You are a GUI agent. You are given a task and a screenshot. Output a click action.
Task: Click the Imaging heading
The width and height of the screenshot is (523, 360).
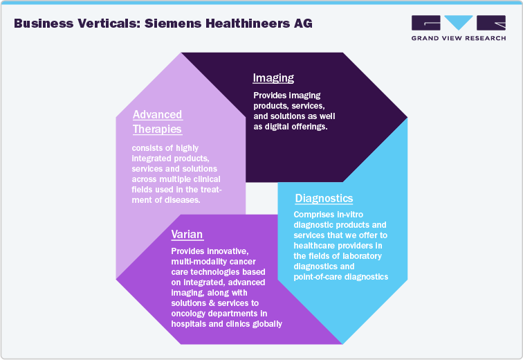tap(273, 78)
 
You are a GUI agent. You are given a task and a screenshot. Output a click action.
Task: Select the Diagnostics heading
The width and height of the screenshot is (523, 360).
tap(324, 199)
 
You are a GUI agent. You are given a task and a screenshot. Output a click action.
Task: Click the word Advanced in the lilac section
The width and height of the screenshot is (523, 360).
tap(157, 115)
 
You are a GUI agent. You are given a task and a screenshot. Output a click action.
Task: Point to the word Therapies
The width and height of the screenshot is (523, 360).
tap(157, 129)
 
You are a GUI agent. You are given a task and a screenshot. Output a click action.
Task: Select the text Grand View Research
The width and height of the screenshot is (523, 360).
tap(457, 39)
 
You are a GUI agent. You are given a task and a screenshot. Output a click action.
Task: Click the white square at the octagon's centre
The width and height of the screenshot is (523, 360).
tap(261, 199)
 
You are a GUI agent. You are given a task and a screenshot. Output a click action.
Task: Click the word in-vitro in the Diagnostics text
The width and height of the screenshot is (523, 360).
tap(352, 215)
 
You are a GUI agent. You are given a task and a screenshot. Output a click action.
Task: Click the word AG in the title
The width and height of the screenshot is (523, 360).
tap(303, 24)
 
